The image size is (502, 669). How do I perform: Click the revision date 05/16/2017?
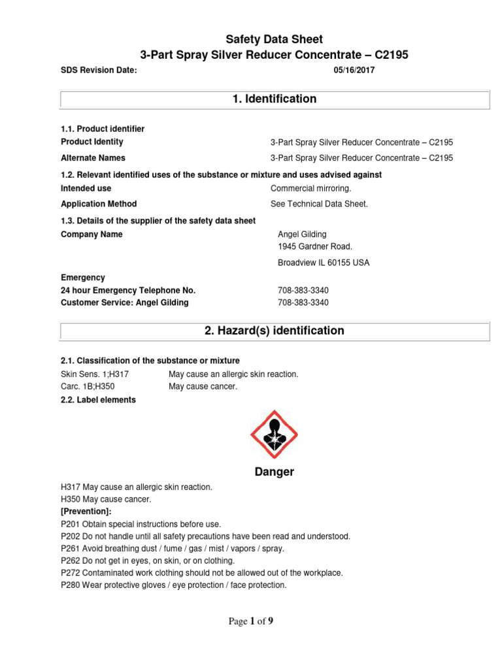[354, 71]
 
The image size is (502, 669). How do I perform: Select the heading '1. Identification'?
[275, 99]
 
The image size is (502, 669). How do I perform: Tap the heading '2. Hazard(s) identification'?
[275, 331]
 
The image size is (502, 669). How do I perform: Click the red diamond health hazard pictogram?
[275, 434]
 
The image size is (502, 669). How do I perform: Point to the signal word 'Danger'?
[275, 472]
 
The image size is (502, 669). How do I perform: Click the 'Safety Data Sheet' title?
[275, 39]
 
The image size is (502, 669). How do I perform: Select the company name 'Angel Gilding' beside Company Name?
[302, 235]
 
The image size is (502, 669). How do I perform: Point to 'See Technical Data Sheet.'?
[320, 204]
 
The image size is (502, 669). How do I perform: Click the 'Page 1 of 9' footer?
[251, 621]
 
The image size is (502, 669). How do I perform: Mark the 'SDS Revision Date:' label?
[99, 71]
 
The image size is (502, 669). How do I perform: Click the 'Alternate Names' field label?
[93, 157]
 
